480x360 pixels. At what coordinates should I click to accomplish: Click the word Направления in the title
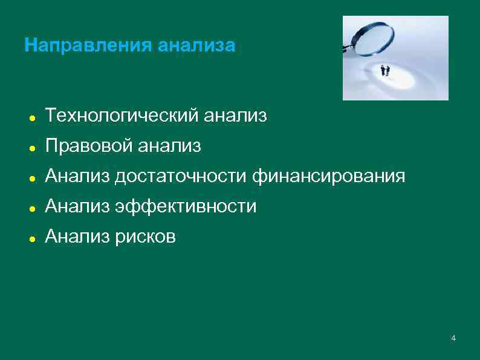pos(88,45)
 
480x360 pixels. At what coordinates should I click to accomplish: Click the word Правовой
pos(88,146)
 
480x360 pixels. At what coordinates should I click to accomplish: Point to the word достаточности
pos(181,176)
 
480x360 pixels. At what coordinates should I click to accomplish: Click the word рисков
pos(145,237)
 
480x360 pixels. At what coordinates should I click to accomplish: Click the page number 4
pos(453,338)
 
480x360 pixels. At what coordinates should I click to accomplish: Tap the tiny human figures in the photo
pos(384,71)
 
